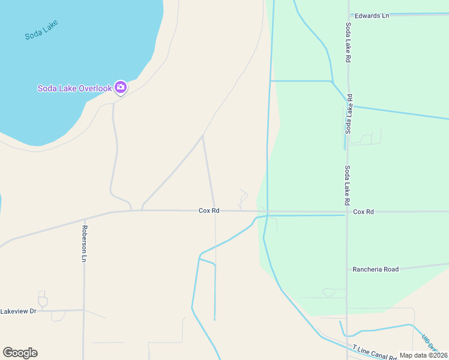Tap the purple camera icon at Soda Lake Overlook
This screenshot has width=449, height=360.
point(120,88)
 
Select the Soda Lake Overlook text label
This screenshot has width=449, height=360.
point(74,88)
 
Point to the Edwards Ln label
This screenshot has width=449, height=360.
point(372,16)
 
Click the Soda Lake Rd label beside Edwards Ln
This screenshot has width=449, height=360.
point(348,43)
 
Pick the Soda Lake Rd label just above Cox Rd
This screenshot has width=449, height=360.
point(348,186)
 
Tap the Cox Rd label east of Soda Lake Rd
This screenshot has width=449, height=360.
point(363,212)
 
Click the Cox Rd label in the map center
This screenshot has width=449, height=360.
point(209,211)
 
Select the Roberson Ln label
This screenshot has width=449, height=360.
point(85,244)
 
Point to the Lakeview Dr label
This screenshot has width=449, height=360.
point(19,311)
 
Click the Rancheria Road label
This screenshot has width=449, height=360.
point(376,269)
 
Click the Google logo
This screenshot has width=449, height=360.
point(20,353)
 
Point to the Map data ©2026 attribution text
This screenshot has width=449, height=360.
point(424,355)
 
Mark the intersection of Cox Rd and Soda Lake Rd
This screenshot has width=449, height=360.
point(347,212)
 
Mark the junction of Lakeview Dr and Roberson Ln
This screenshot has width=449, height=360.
point(83,310)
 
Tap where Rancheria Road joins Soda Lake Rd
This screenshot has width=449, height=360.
point(347,271)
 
